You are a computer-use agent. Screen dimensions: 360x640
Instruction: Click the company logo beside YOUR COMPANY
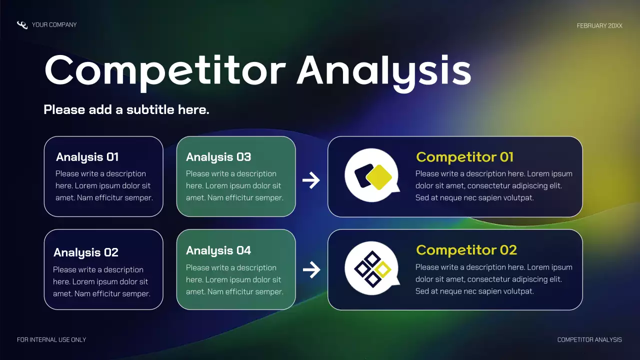pos(22,25)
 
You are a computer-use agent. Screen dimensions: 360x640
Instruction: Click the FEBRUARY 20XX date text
pos(599,25)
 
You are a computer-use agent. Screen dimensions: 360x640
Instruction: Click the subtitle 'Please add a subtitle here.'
pos(126,109)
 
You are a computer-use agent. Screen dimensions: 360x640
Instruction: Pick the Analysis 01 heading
pos(87,157)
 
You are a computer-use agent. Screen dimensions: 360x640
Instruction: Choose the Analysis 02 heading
pos(86,252)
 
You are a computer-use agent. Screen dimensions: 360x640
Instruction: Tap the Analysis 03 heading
pos(218,157)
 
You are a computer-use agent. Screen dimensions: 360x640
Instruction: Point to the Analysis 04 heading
pos(218,250)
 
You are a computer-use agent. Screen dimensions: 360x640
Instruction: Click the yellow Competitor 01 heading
pos(464,157)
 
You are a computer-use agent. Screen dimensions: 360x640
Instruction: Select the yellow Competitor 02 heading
pos(466,250)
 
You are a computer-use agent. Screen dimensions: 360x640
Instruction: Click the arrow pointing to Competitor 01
pos(311,180)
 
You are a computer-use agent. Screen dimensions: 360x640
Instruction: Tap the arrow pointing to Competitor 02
pos(311,270)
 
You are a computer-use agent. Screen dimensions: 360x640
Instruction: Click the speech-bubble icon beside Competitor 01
pos(372,175)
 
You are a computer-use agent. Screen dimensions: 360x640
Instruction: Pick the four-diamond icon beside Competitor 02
pos(372,268)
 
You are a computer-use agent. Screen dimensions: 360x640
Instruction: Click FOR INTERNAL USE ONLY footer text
pos(51,340)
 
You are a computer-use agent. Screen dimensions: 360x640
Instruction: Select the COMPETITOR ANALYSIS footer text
pos(589,340)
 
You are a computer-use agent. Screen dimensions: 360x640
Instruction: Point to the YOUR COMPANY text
pos(54,24)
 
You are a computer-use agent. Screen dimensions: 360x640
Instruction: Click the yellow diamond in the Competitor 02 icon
pos(383,269)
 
